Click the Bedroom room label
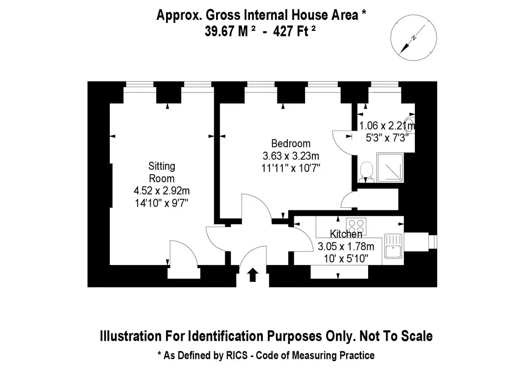click(x=291, y=144)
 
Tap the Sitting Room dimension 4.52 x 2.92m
click(x=162, y=190)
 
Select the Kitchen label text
click(x=346, y=234)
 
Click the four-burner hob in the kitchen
click(x=356, y=227)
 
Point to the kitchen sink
click(x=393, y=246)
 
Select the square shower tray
click(x=390, y=168)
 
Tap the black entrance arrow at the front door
click(x=253, y=275)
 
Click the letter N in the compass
click(x=414, y=38)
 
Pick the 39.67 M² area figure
click(x=230, y=32)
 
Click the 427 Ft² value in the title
click(x=294, y=32)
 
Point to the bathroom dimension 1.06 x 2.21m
click(x=387, y=126)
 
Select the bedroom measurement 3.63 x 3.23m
click(x=291, y=156)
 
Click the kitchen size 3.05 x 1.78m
click(x=346, y=247)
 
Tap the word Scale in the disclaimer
click(x=416, y=336)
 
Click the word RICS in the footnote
click(x=236, y=355)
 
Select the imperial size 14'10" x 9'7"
click(x=162, y=203)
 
